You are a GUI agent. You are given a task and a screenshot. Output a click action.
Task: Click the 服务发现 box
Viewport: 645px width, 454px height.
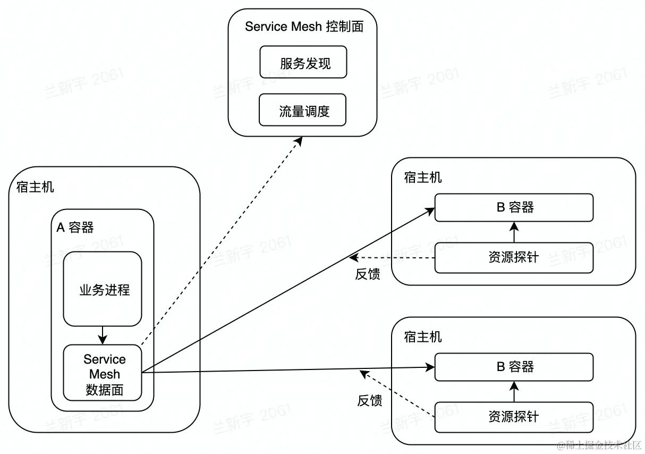(x=303, y=62)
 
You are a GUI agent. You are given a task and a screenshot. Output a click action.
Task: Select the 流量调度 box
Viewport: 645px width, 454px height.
(x=302, y=110)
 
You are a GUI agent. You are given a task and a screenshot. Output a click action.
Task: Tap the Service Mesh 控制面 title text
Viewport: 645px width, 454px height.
(x=304, y=27)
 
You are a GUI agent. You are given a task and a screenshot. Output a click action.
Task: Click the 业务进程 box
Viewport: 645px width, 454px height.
(x=103, y=289)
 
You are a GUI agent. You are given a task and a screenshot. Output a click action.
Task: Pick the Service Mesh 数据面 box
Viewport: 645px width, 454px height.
(x=103, y=373)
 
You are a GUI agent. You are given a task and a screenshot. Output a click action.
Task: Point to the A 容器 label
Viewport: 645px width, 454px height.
(x=75, y=228)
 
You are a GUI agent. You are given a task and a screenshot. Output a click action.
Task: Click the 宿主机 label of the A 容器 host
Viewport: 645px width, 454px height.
(x=35, y=187)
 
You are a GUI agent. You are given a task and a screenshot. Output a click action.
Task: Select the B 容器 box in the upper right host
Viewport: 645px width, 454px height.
(x=514, y=207)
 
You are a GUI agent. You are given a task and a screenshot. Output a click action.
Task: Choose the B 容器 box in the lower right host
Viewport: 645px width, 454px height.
(x=514, y=367)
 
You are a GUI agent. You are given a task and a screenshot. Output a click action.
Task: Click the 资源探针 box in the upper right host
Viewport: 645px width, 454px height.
(x=514, y=258)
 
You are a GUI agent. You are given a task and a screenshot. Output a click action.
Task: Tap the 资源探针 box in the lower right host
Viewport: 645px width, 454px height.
(x=514, y=417)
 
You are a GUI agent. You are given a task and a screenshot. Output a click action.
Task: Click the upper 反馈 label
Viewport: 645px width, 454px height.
(x=368, y=274)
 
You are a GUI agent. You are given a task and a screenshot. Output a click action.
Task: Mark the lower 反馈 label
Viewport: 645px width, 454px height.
(x=370, y=401)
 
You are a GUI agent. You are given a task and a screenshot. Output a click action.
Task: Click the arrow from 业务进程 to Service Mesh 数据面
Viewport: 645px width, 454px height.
(x=103, y=335)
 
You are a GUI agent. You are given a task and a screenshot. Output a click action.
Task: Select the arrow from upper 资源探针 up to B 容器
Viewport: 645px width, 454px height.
(x=514, y=232)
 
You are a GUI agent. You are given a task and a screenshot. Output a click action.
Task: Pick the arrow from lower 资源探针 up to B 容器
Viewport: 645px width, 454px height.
(x=514, y=391)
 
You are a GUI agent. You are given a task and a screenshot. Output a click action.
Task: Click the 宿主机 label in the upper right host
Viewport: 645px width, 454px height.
(x=423, y=178)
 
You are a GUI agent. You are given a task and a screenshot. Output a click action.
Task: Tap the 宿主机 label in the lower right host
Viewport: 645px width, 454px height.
(x=423, y=337)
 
